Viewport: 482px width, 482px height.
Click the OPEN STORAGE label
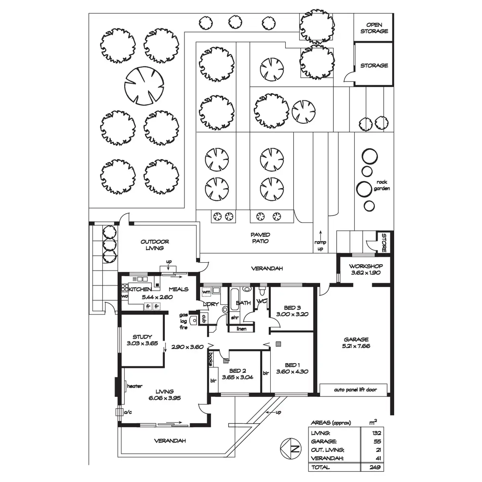[374, 28]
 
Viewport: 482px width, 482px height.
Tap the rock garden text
[382, 185]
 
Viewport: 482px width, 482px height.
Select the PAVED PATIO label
[260, 238]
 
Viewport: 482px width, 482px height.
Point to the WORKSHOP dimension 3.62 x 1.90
[366, 273]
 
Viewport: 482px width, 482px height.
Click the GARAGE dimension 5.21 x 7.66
[356, 346]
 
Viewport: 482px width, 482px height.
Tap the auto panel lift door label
[355, 390]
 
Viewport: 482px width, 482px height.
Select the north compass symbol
[291, 449]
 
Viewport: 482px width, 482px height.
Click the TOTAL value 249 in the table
[375, 467]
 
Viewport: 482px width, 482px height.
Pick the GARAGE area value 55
[377, 441]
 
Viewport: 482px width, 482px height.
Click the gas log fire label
[183, 321]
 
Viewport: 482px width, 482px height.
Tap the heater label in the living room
[135, 386]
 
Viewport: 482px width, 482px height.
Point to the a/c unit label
[128, 412]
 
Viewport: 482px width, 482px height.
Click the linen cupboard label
[241, 329]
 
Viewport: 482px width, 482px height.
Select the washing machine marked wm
[206, 292]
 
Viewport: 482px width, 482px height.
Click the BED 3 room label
[292, 307]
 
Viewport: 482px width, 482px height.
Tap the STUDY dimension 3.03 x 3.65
[142, 343]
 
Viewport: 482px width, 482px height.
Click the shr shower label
[235, 317]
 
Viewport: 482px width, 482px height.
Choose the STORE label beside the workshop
[384, 243]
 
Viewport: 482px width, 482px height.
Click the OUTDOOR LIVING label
[155, 245]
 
